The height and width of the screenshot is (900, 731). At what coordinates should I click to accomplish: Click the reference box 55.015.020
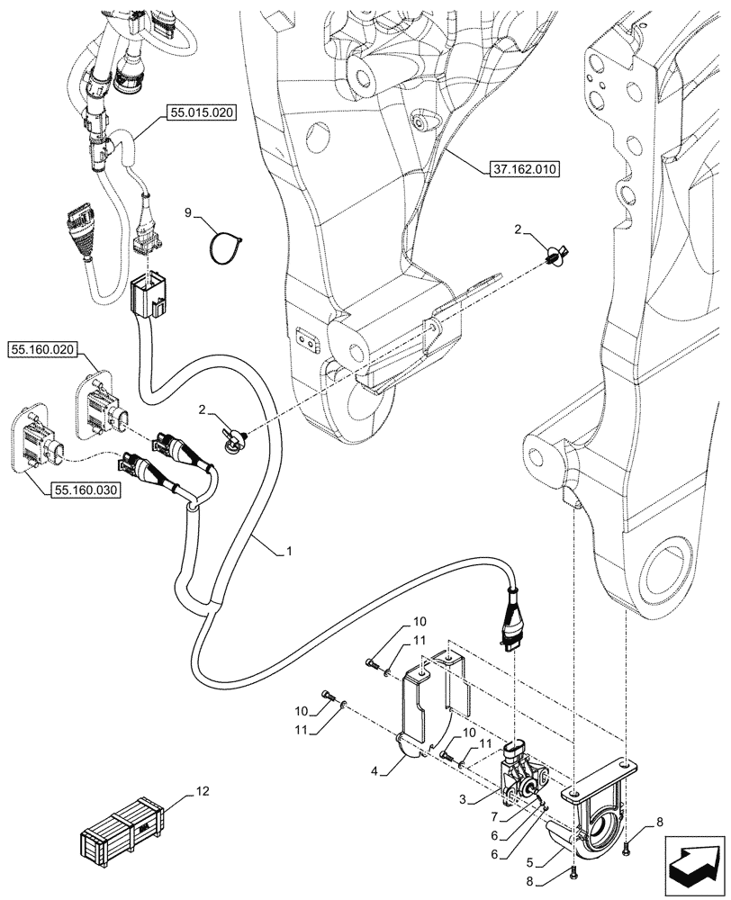pos(198,114)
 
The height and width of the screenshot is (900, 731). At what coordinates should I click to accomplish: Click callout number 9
pos(188,214)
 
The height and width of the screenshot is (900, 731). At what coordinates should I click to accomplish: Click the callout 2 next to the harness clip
pos(203,411)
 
